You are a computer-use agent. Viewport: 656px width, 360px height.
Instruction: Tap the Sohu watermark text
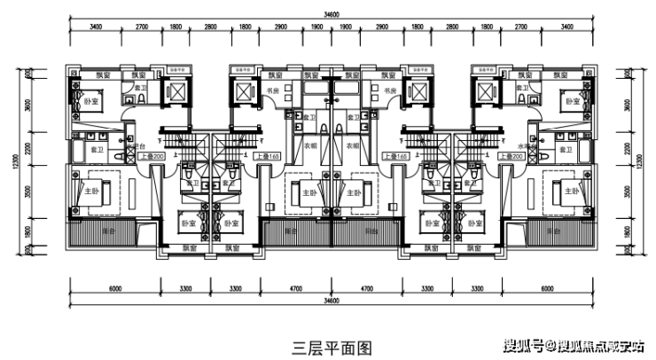tap(577, 344)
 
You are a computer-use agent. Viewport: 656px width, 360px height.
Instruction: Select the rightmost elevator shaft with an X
tap(485, 90)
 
